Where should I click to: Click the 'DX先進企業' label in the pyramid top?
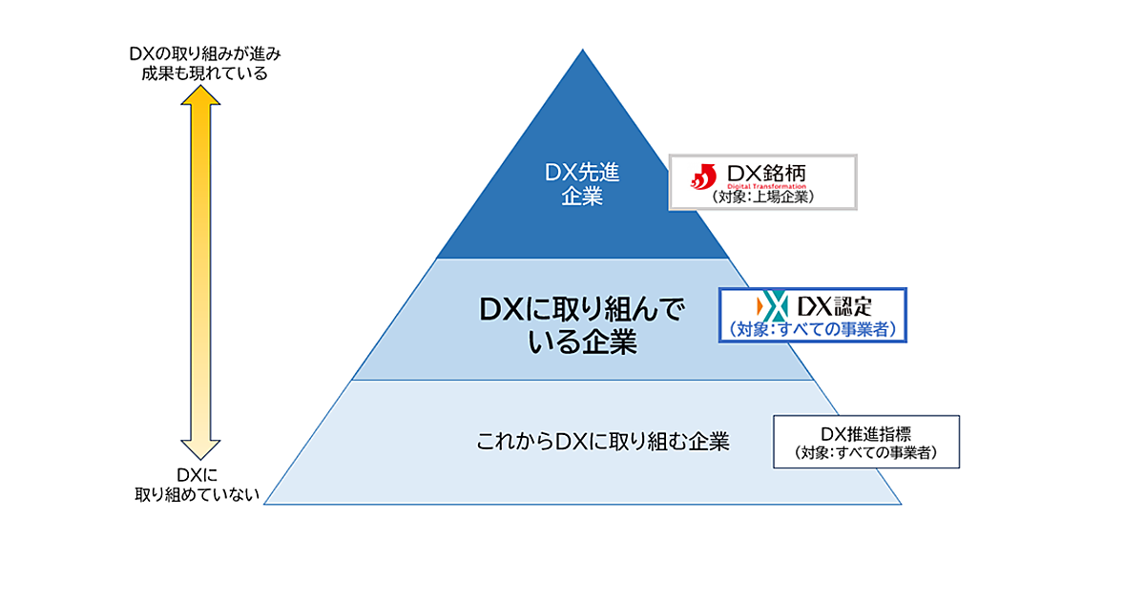click(x=582, y=184)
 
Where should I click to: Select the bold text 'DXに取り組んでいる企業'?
click(x=582, y=324)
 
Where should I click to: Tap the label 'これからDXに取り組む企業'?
click(x=603, y=442)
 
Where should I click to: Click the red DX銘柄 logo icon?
click(x=703, y=176)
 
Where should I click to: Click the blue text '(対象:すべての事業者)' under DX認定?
click(x=813, y=329)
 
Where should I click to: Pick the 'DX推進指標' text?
click(x=865, y=433)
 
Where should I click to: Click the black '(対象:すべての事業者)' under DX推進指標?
click(x=865, y=454)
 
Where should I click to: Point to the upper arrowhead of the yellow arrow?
click(x=200, y=95)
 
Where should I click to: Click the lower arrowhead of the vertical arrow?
click(x=200, y=448)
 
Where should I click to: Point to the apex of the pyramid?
click(x=583, y=51)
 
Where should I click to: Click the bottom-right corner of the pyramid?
click(x=900, y=504)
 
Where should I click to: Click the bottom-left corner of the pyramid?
click(x=265, y=504)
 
